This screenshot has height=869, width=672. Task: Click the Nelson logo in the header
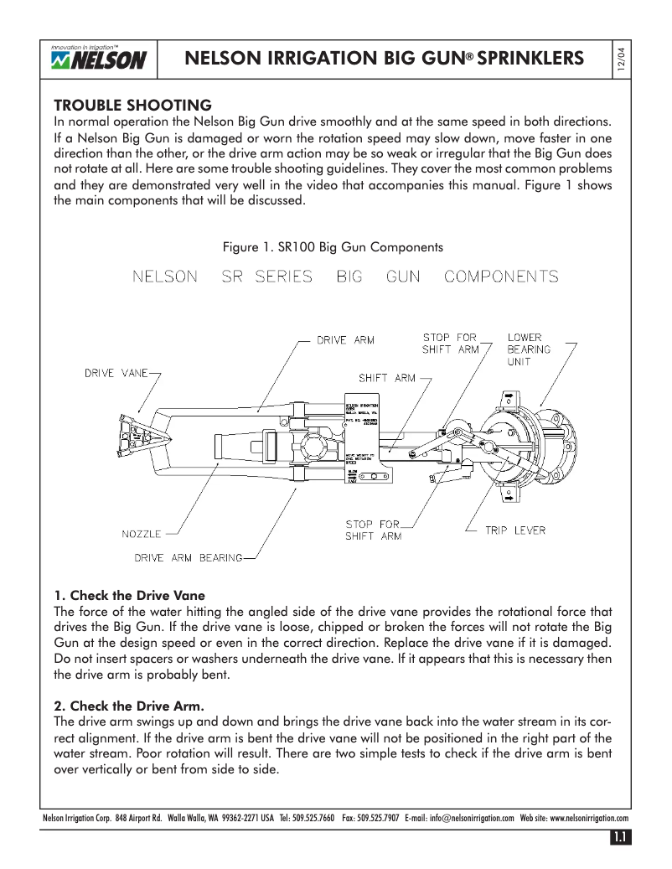98,59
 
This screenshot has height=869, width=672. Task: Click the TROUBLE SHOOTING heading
132,106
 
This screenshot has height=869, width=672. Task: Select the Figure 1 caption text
332,247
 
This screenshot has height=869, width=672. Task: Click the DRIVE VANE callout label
116,373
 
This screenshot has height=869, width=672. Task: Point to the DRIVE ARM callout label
345,340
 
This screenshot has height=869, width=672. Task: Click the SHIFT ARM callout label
386,378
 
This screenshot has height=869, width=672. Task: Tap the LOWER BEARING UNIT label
529,349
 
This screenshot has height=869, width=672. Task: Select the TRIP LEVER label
515,530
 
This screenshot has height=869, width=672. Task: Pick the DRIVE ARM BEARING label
189,557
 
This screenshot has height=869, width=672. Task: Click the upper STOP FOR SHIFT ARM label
450,344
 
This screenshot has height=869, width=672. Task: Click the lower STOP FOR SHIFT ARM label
373,530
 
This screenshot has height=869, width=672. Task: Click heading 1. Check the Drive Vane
129,596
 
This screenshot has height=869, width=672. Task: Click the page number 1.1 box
620,836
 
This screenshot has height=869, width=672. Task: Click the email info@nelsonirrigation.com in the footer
471,818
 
